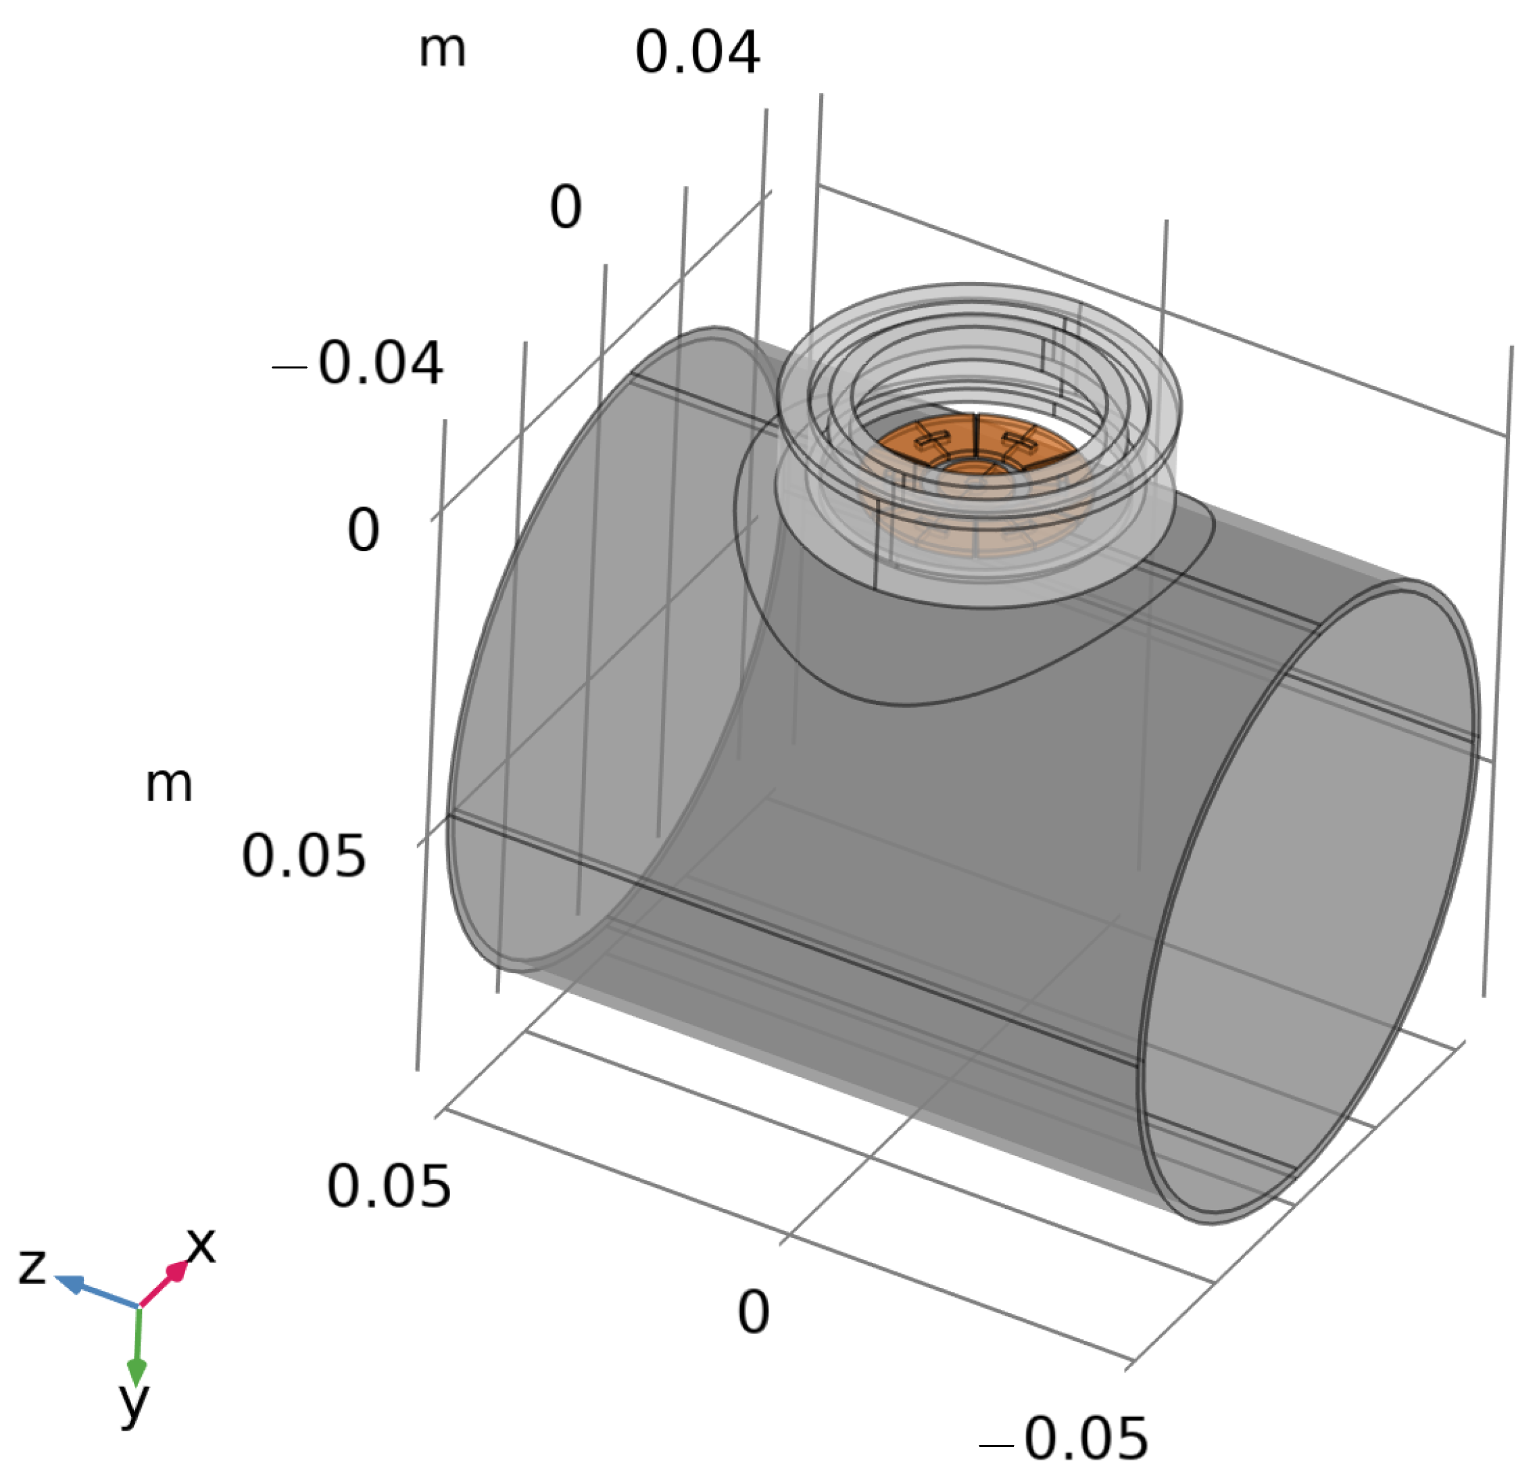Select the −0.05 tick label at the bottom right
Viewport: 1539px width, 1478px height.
[1064, 1439]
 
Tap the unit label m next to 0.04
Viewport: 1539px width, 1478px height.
[442, 49]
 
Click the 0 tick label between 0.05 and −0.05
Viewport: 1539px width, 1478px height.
[753, 1312]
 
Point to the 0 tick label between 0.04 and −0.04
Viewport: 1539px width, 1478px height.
[565, 208]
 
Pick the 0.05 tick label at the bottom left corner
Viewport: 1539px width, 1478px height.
[389, 1186]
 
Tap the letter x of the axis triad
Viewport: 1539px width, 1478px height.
[201, 1245]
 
